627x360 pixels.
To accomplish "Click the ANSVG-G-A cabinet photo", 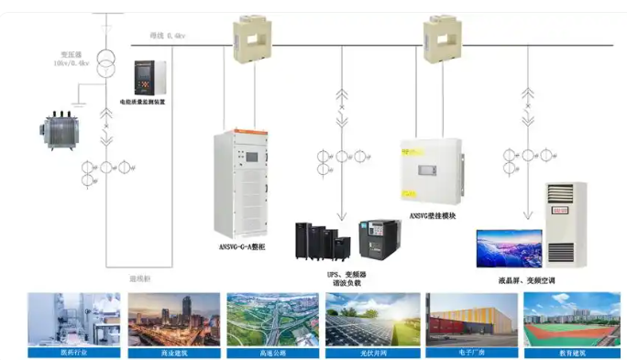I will click(241, 183).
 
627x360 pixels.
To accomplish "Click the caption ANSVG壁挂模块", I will click(428, 217).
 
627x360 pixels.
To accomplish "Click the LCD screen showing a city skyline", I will click(508, 248).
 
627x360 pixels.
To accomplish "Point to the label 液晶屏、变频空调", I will click(527, 279).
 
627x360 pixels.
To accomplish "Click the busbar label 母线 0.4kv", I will click(169, 35).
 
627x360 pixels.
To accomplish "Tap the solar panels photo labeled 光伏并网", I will click(372, 319).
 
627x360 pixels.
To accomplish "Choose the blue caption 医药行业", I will click(73, 351).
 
